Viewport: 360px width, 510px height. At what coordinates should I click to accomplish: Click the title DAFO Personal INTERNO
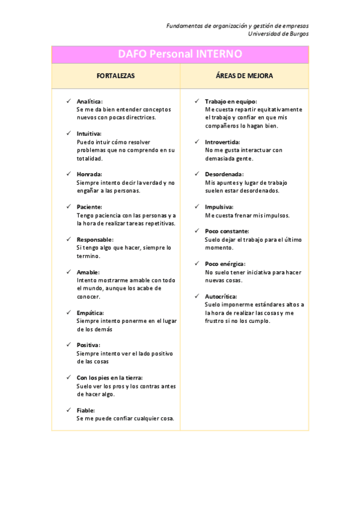tap(180, 54)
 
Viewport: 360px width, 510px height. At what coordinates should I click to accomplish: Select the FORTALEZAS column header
tap(116, 76)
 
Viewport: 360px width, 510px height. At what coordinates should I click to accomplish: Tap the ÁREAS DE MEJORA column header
tap(244, 76)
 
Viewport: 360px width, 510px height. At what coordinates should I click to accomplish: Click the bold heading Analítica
tap(90, 102)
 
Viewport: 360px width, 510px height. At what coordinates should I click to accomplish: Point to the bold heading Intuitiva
tap(89, 134)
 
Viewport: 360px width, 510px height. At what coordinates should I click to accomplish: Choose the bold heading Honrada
tap(89, 174)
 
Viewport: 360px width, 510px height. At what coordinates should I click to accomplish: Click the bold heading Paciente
tap(89, 206)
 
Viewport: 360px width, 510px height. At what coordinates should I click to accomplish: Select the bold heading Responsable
tap(94, 239)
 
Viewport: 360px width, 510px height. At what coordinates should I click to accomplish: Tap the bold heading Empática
tap(90, 313)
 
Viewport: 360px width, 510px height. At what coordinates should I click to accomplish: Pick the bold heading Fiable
tap(86, 410)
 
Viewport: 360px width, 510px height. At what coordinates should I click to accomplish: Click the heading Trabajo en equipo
tap(230, 102)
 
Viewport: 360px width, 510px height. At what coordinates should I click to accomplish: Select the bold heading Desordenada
tap(224, 174)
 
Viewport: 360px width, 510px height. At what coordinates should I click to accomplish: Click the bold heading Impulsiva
tap(219, 207)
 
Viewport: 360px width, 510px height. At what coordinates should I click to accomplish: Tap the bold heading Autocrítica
tap(221, 296)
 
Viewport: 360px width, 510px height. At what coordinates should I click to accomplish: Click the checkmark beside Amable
tap(69, 272)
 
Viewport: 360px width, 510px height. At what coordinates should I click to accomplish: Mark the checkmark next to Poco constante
tap(197, 231)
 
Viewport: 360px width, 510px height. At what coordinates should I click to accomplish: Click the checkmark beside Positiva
tap(69, 345)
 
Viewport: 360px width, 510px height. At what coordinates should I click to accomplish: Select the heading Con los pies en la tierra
tap(109, 378)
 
